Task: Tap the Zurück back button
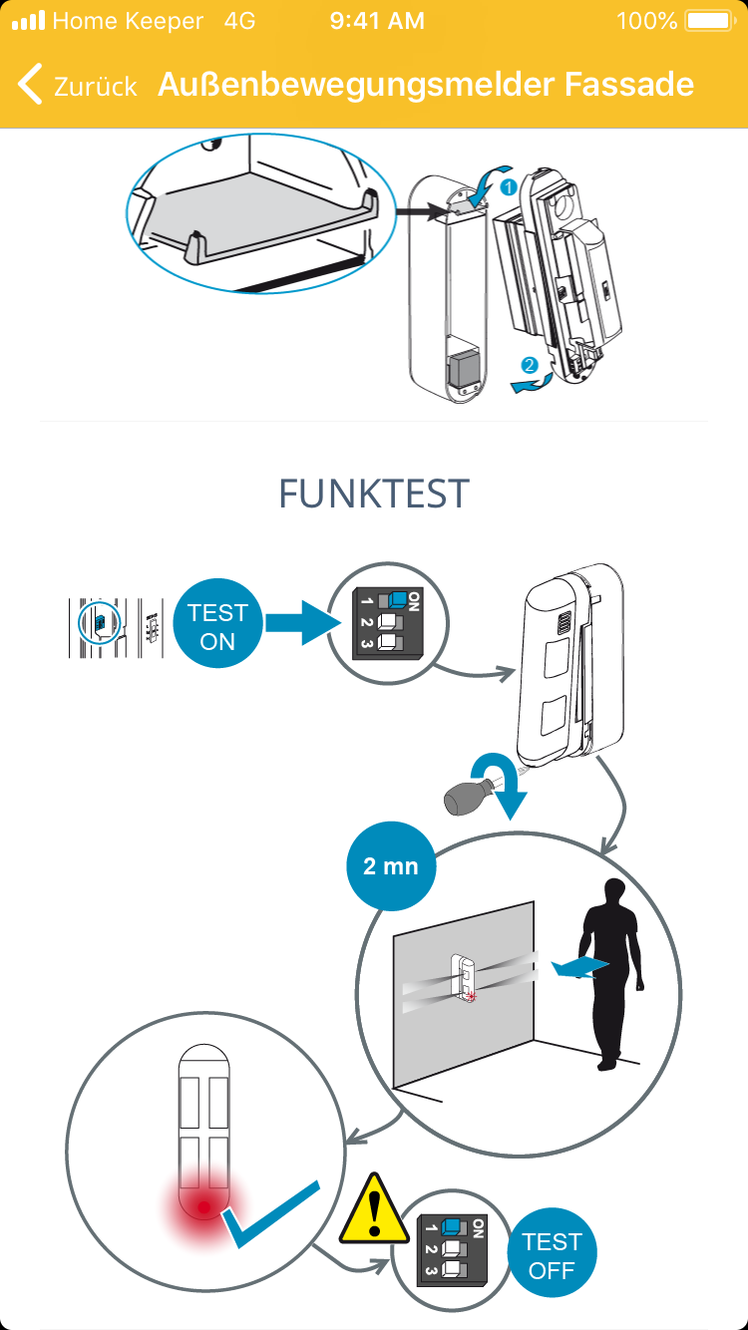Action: [x=78, y=85]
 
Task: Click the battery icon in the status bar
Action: [x=709, y=21]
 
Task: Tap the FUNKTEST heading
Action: [x=373, y=494]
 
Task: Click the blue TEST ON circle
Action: [x=217, y=627]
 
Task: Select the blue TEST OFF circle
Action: [x=552, y=1255]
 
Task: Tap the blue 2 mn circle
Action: [x=390, y=865]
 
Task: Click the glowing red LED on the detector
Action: [x=204, y=1208]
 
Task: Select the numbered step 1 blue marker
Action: [x=507, y=186]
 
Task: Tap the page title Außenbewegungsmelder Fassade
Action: [x=426, y=85]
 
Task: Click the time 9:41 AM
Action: [x=377, y=21]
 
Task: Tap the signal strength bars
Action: [x=28, y=21]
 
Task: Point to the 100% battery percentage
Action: [x=647, y=21]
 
